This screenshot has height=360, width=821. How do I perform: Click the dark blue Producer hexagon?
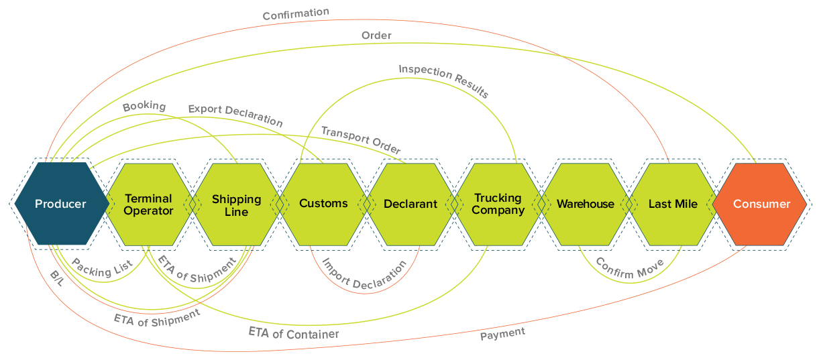point(60,204)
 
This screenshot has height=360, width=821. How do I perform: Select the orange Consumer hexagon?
point(761,204)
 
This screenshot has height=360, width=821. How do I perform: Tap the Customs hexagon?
point(323,204)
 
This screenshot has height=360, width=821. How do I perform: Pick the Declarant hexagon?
point(410,204)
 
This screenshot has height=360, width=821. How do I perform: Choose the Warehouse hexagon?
point(585,204)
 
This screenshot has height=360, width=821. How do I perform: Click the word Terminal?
point(148,198)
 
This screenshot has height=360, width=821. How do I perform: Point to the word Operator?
point(148,211)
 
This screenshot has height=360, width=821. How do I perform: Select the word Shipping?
point(236,199)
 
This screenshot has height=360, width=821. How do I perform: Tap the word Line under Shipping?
point(236,212)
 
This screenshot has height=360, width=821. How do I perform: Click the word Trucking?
point(498,198)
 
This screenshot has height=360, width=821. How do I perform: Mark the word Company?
point(498,211)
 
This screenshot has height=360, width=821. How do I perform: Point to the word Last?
point(661,204)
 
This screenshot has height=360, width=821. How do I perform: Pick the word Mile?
point(686,204)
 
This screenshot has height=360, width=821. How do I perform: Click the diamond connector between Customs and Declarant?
point(367,204)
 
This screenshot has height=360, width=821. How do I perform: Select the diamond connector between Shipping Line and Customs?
point(280,204)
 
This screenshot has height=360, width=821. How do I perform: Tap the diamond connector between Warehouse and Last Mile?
point(628,204)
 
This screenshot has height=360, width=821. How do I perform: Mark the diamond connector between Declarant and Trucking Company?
point(454,204)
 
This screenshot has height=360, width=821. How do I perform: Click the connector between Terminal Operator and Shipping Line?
point(193,204)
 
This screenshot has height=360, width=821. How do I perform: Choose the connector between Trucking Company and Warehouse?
point(541,204)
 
